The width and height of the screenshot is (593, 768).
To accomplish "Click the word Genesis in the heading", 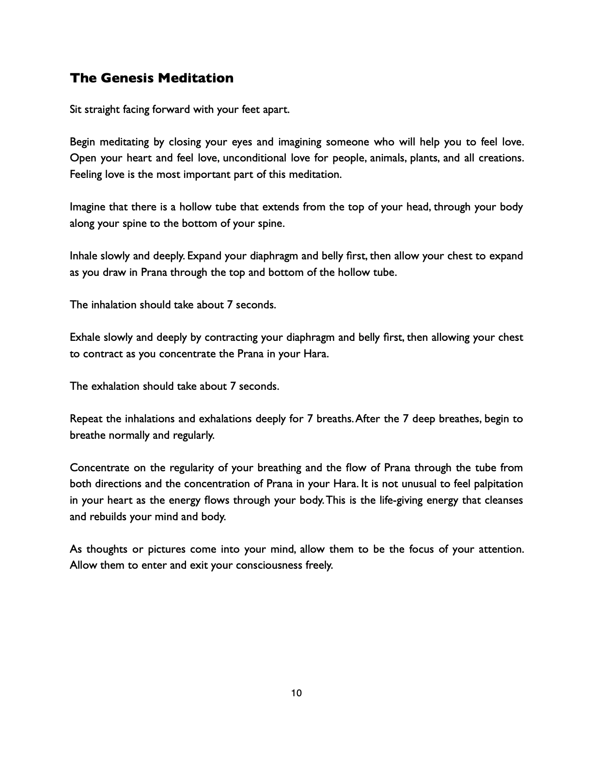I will [x=126, y=78].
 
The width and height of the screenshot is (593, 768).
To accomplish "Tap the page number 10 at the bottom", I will [x=296, y=693].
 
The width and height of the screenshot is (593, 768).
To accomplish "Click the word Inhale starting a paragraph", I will [x=84, y=256].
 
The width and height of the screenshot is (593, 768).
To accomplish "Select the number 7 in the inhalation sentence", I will [x=229, y=305].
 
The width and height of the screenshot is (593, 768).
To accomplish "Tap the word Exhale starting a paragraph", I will [x=85, y=337].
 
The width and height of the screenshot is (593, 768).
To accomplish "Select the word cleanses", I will [x=503, y=500].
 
